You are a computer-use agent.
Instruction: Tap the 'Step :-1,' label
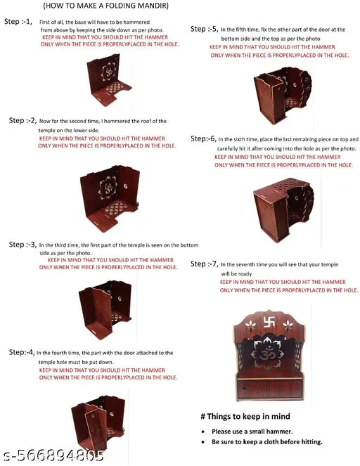click(x=18, y=22)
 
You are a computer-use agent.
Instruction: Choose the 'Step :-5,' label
click(x=205, y=29)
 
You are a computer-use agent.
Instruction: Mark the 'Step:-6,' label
click(x=202, y=139)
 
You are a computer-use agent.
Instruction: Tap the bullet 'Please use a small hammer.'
click(x=251, y=430)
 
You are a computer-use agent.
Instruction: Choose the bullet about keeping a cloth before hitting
click(x=266, y=441)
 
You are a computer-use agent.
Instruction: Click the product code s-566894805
click(x=53, y=455)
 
